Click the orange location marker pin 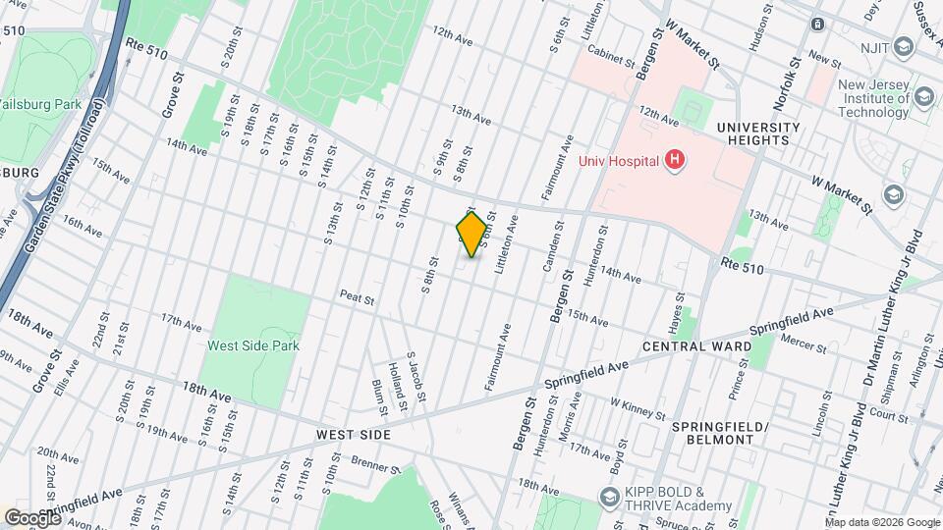(x=472, y=235)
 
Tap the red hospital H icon (x=674, y=159)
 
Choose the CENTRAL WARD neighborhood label (x=696, y=346)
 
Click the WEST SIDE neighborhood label (x=354, y=434)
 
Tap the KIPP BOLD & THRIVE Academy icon (x=609, y=497)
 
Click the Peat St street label (x=359, y=295)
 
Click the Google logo (x=31, y=517)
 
